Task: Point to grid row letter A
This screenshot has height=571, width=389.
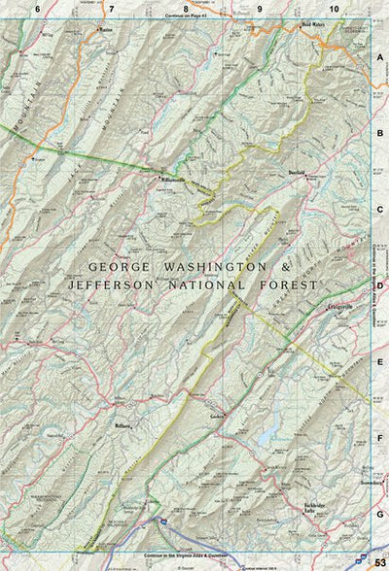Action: [x=380, y=57]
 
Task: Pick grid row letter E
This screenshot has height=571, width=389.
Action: [x=380, y=361]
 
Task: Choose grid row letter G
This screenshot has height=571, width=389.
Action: [x=380, y=513]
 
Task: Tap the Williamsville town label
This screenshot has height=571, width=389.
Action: [x=176, y=180]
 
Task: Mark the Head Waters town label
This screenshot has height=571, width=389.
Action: [x=313, y=26]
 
